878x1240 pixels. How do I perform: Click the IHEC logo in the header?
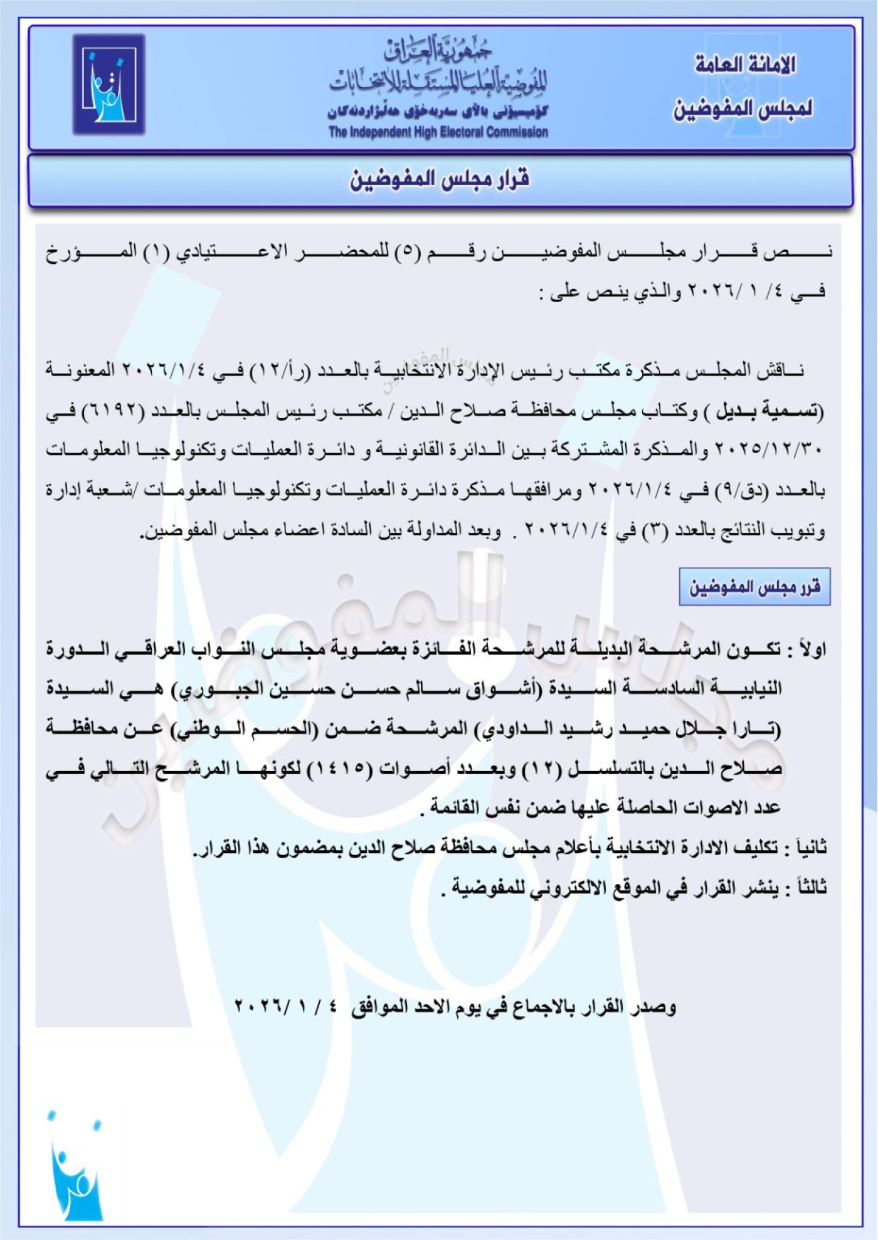[108, 85]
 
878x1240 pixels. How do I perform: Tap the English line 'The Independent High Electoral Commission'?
[438, 132]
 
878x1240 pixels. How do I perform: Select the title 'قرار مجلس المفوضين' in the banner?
[439, 180]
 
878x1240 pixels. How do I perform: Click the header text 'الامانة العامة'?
[745, 65]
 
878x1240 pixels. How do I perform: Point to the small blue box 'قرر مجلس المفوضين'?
[754, 587]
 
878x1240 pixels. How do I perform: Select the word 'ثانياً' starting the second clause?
[810, 848]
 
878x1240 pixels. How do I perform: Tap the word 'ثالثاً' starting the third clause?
[810, 888]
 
